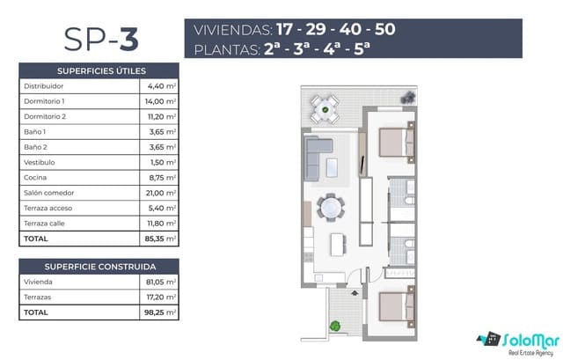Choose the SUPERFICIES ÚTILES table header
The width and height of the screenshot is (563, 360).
pos(101,70)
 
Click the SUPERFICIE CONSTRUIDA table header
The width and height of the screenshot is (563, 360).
pos(101,266)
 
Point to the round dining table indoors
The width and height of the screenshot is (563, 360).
pos(331,208)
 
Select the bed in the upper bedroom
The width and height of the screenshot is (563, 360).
pos(392,141)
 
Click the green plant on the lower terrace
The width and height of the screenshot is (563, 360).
pos(335,327)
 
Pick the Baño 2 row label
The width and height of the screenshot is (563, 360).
pos(37,147)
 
